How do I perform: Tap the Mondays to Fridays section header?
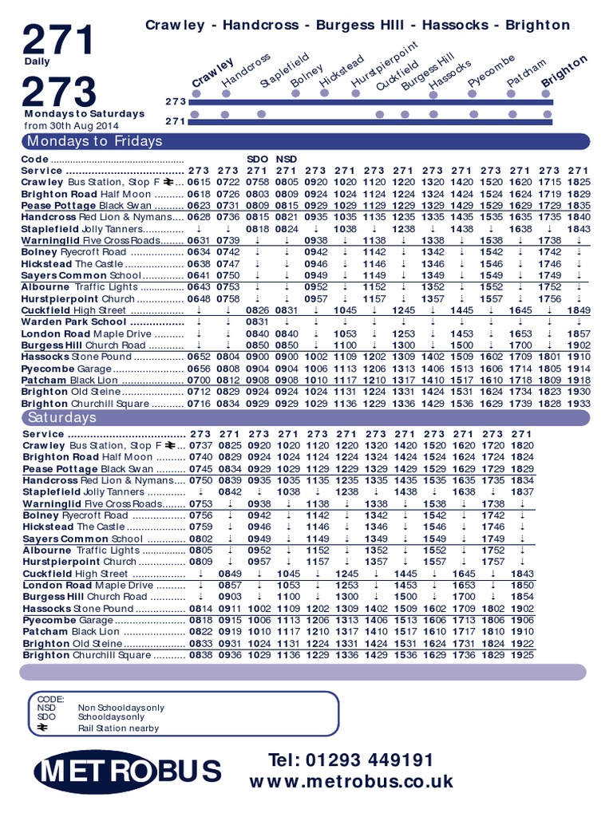[94, 141]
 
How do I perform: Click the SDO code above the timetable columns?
[257, 159]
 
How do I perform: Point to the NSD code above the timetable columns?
[286, 159]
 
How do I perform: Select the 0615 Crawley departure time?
[199, 182]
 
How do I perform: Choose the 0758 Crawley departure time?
[257, 182]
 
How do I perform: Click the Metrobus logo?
[128, 772]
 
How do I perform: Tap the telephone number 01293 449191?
[351, 759]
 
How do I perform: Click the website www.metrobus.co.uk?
[351, 781]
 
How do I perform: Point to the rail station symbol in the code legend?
[43, 727]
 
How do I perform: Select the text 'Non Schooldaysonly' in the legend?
[121, 708]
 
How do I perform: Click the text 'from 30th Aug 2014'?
[71, 126]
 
